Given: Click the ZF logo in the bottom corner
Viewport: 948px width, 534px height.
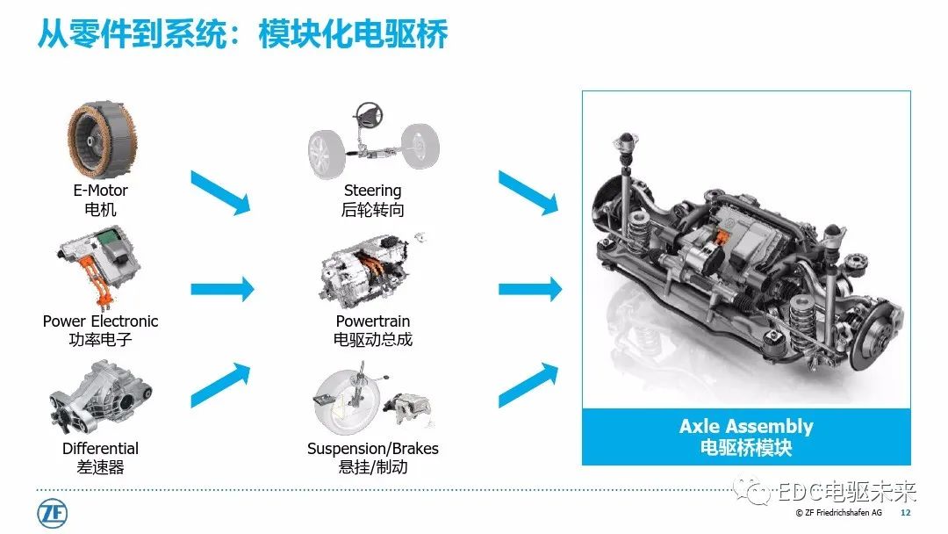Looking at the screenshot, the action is coord(52,514).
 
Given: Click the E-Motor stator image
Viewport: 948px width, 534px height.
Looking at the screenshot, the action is coord(101,140).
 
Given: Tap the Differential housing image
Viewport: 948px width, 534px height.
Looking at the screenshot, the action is coord(100,397).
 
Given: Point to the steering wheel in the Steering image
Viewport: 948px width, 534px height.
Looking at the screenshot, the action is coord(368,113).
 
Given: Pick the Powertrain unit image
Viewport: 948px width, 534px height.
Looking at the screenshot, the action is coord(364,271).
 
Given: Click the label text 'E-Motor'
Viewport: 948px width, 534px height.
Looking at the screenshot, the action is coord(100,191).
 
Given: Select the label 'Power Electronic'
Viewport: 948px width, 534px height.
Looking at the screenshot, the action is coord(100,321).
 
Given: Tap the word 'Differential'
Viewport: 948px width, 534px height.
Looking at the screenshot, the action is coord(100,448).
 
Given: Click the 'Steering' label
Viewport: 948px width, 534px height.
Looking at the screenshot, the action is coord(372,191).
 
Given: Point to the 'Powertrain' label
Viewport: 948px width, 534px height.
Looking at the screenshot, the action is coord(372,321).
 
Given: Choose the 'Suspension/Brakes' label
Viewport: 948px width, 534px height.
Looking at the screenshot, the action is coord(372,449).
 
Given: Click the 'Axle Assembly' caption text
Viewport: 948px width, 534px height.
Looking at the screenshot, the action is coord(746,426).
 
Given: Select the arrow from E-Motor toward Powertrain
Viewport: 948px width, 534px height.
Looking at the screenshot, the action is coord(220,192).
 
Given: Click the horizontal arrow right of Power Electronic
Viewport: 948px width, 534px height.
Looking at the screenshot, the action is coord(222,289).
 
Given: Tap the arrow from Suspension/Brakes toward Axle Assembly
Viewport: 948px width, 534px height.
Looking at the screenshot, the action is coord(528,385).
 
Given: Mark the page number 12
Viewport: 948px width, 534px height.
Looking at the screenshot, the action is coord(905,513).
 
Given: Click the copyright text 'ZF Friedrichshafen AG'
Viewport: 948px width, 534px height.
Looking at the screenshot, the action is coord(844,513).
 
